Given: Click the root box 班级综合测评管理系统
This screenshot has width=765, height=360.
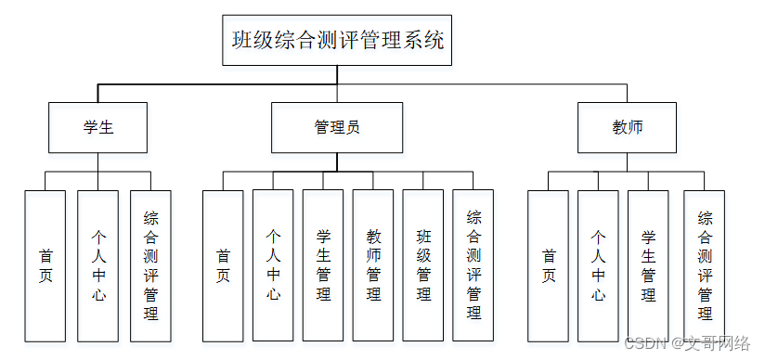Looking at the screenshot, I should click(337, 41).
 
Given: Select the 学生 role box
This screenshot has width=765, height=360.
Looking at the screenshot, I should click(97, 127).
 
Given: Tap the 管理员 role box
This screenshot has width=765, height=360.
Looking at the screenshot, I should click(337, 127).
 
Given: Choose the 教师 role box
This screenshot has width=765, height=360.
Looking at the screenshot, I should click(627, 127).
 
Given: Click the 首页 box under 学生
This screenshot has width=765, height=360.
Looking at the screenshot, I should click(45, 265).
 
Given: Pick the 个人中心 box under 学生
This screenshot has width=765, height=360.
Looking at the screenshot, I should click(97, 265).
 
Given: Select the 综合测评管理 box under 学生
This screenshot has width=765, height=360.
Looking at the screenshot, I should click(150, 265).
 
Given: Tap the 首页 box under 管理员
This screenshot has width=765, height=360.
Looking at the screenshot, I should click(223, 265).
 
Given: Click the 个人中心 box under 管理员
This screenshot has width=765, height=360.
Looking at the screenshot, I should click(273, 265).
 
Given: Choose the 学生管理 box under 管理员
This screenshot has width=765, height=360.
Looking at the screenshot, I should click(323, 265).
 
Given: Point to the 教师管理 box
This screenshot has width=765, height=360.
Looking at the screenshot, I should click(373, 265).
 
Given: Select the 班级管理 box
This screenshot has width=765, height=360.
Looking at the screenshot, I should click(423, 265).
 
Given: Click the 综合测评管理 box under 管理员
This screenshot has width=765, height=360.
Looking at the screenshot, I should click(473, 265).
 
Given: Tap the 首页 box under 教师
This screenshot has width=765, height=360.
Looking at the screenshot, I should click(549, 265).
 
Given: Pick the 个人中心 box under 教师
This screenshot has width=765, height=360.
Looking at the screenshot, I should click(598, 265).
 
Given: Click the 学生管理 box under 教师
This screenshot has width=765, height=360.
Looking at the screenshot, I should click(648, 265).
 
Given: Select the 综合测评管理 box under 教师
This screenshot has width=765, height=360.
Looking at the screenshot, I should click(705, 265).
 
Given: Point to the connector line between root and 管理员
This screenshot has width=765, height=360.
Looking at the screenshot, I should click(337, 84).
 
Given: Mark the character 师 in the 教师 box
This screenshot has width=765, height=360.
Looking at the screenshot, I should click(635, 127).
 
